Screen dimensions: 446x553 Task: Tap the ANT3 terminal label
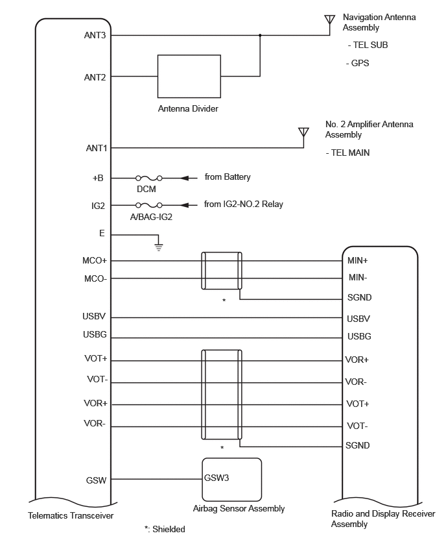tap(95, 35)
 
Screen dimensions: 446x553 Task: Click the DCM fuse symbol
tap(149, 178)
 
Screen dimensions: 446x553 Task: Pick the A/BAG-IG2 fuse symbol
tap(149, 205)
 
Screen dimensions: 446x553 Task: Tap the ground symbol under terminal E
tap(159, 247)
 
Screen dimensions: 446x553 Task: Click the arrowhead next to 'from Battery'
tap(184, 178)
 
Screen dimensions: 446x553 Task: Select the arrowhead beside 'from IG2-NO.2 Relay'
tap(184, 205)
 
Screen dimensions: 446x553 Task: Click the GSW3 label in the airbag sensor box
tap(217, 478)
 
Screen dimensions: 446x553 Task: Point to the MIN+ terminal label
tap(357, 260)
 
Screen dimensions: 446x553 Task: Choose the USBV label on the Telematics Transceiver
tap(94, 316)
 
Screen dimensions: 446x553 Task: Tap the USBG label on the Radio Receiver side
tap(359, 336)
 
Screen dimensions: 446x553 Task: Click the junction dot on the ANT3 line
tap(260, 35)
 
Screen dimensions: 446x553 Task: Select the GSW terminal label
tap(96, 480)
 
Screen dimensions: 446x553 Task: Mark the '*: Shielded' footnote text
tap(165, 529)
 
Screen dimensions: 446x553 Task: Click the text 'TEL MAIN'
tap(350, 153)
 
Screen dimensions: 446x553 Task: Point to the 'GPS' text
tap(360, 63)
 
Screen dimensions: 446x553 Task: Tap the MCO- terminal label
tap(95, 278)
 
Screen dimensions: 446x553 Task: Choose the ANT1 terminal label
tap(96, 148)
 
